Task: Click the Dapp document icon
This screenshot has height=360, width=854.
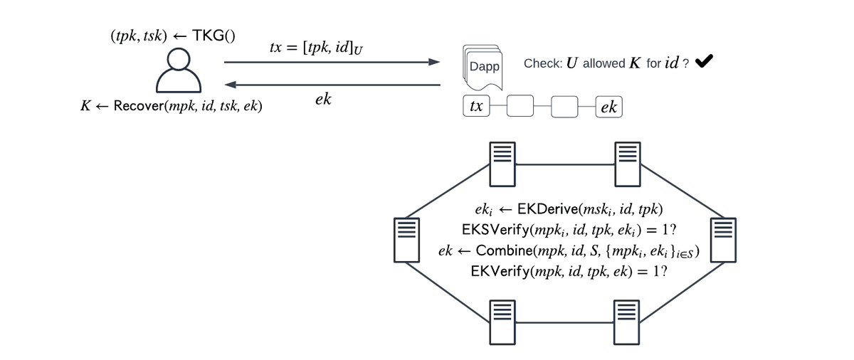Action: (483, 65)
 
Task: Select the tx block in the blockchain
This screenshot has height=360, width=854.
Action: (476, 107)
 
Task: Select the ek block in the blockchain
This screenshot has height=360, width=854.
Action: (608, 107)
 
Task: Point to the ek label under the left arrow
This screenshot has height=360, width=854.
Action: (322, 100)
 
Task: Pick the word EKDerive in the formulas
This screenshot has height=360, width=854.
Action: (546, 210)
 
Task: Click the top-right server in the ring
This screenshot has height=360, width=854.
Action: (627, 163)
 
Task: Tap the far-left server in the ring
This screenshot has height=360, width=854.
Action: (404, 238)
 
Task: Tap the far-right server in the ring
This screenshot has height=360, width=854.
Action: (724, 238)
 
